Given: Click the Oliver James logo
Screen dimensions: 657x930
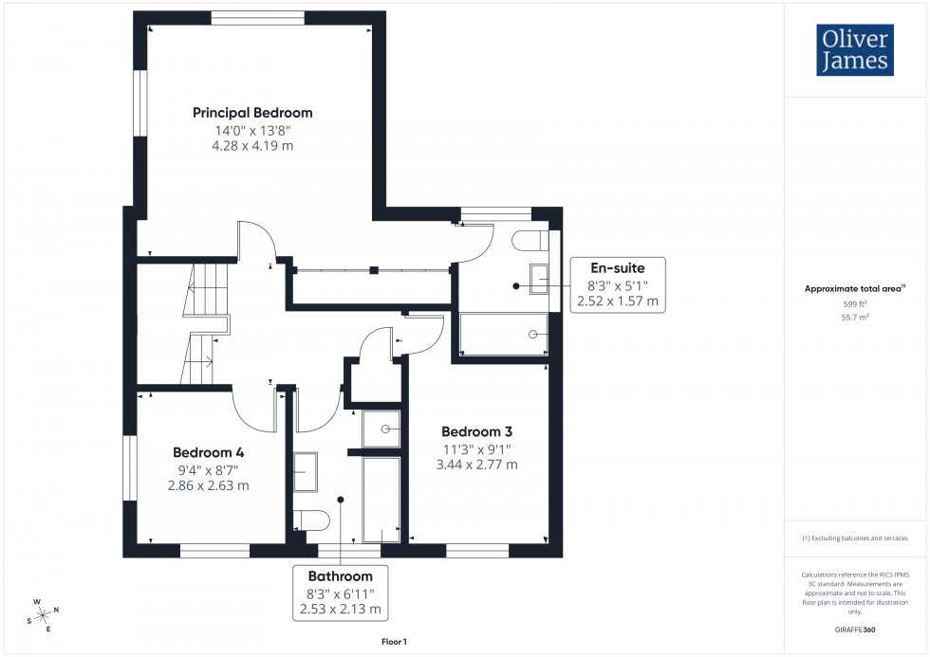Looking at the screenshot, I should (x=855, y=50).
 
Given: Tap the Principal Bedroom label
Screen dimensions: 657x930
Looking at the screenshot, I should (x=252, y=113).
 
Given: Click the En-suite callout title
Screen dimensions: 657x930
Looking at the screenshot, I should (x=617, y=268).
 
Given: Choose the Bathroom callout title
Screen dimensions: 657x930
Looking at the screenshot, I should (x=340, y=575).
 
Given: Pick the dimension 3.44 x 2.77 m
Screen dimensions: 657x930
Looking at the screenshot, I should (x=476, y=465).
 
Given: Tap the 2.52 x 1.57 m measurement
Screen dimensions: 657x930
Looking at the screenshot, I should (x=617, y=301).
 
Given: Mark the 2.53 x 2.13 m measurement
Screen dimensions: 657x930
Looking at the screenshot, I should (x=340, y=609).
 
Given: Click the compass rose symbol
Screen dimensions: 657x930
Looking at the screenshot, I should (x=44, y=613).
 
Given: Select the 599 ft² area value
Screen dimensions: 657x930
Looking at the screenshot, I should (x=856, y=304).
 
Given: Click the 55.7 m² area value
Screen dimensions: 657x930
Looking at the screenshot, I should (x=856, y=318).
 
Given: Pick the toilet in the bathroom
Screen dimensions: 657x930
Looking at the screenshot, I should (x=310, y=520).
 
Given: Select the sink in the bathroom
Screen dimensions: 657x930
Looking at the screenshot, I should (x=306, y=472).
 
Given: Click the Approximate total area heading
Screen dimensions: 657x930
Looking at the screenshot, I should (x=854, y=288).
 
